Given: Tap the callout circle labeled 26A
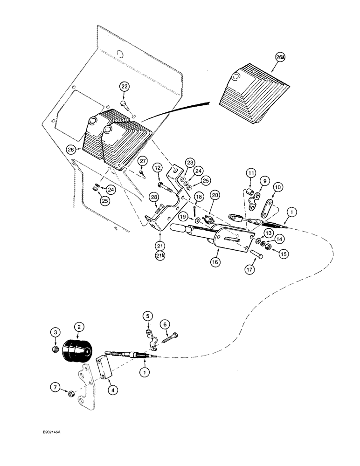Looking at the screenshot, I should (280, 58).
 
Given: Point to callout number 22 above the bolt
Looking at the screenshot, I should (125, 87).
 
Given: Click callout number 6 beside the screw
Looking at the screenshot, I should (164, 324).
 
